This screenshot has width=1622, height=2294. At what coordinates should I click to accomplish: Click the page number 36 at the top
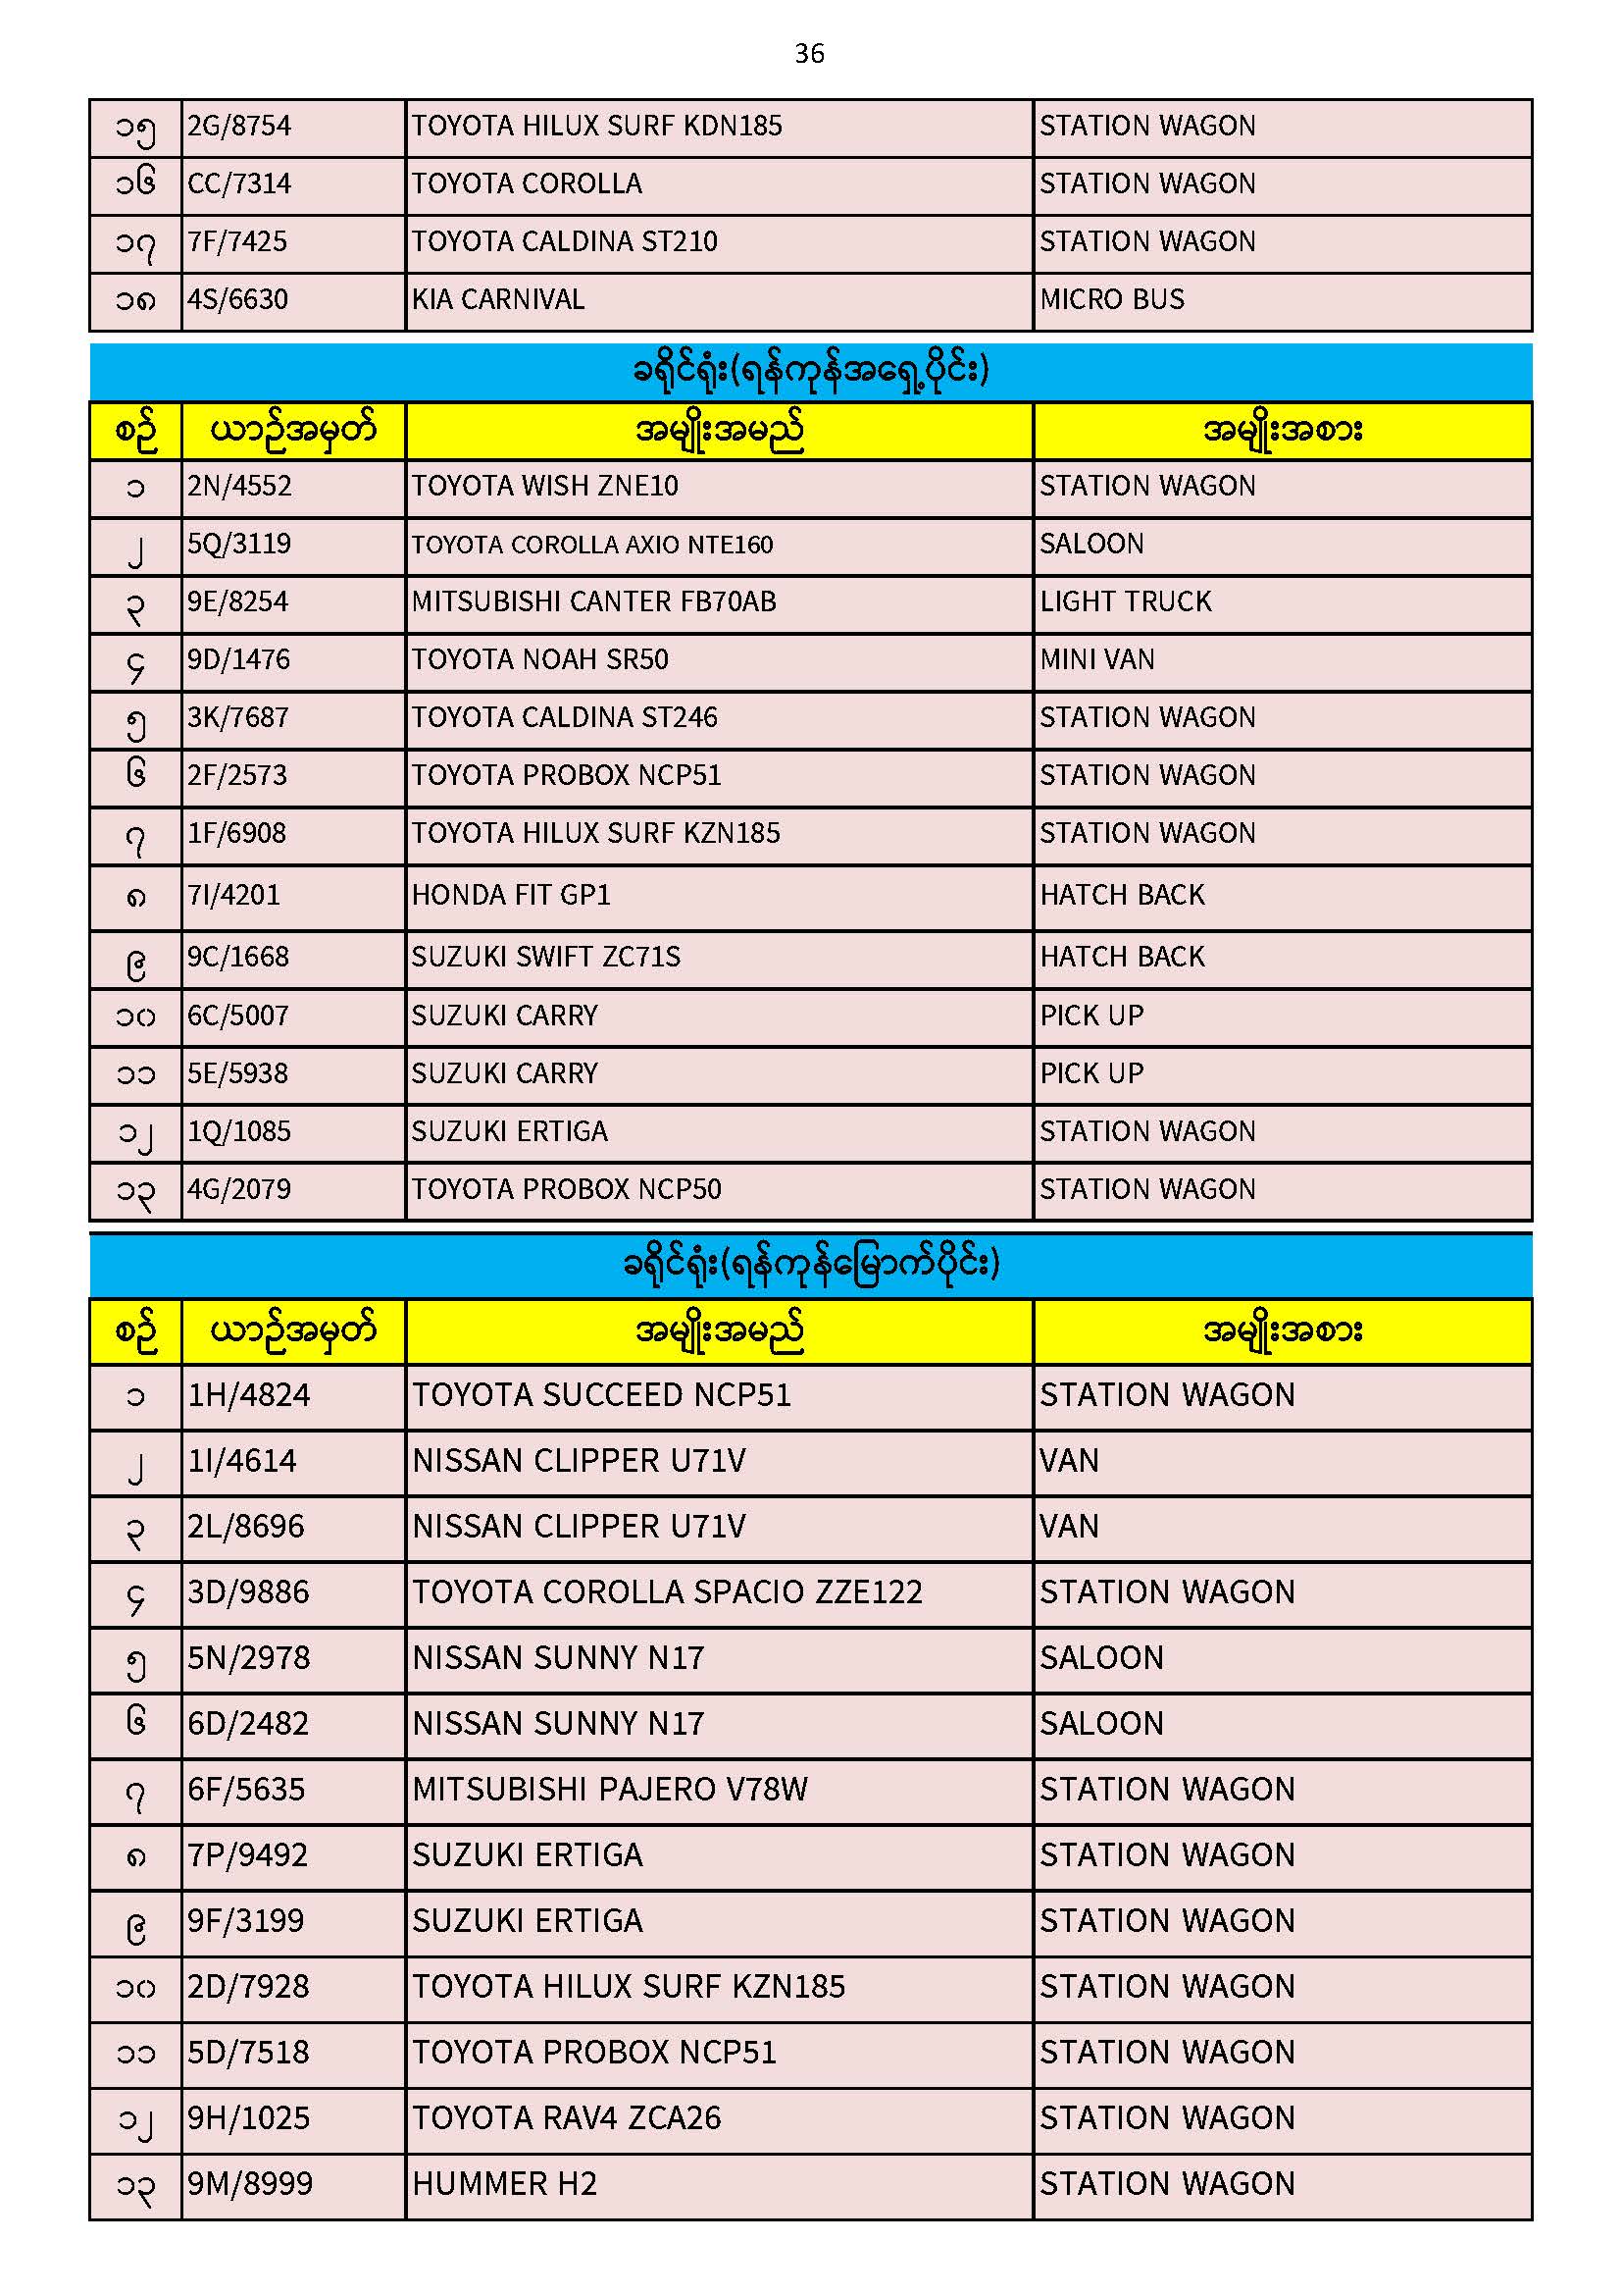(809, 54)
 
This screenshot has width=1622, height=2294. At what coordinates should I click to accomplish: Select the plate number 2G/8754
(239, 127)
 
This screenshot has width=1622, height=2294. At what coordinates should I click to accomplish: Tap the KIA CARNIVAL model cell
(498, 299)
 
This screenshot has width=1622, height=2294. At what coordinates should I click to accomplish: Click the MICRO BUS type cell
(1112, 299)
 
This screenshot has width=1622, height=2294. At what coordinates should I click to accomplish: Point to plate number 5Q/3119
(239, 545)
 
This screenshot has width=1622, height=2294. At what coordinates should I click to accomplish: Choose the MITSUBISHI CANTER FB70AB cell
(594, 602)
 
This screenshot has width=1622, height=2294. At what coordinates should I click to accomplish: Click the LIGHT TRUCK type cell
(1126, 602)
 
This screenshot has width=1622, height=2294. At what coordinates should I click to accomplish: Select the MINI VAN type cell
(1096, 660)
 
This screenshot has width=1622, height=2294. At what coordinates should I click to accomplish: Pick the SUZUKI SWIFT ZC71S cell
(546, 958)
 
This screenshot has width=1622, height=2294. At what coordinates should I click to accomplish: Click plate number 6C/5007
(238, 1017)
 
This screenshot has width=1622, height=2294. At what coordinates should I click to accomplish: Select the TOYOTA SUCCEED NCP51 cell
(601, 1396)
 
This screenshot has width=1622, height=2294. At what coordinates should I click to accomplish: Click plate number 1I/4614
(242, 1462)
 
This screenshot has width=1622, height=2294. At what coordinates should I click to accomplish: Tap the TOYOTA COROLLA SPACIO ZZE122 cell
(667, 1592)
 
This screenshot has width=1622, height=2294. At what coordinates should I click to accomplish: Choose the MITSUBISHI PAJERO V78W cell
(610, 1790)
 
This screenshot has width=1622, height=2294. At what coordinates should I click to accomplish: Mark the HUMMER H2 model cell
(504, 2184)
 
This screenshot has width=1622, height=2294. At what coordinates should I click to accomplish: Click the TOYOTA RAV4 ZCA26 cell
(566, 2118)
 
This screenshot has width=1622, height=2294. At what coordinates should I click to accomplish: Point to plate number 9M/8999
(251, 2184)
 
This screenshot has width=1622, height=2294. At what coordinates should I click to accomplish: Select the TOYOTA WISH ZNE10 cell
(545, 487)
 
